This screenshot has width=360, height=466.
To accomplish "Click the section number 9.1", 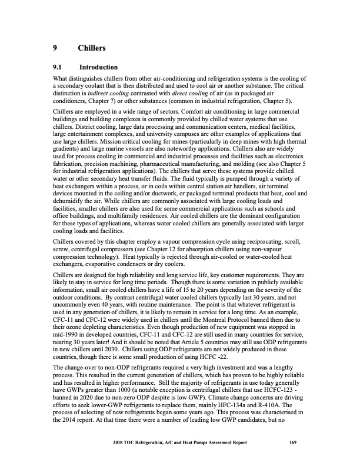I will point(58,68).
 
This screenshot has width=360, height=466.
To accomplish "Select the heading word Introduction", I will point(98,68).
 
